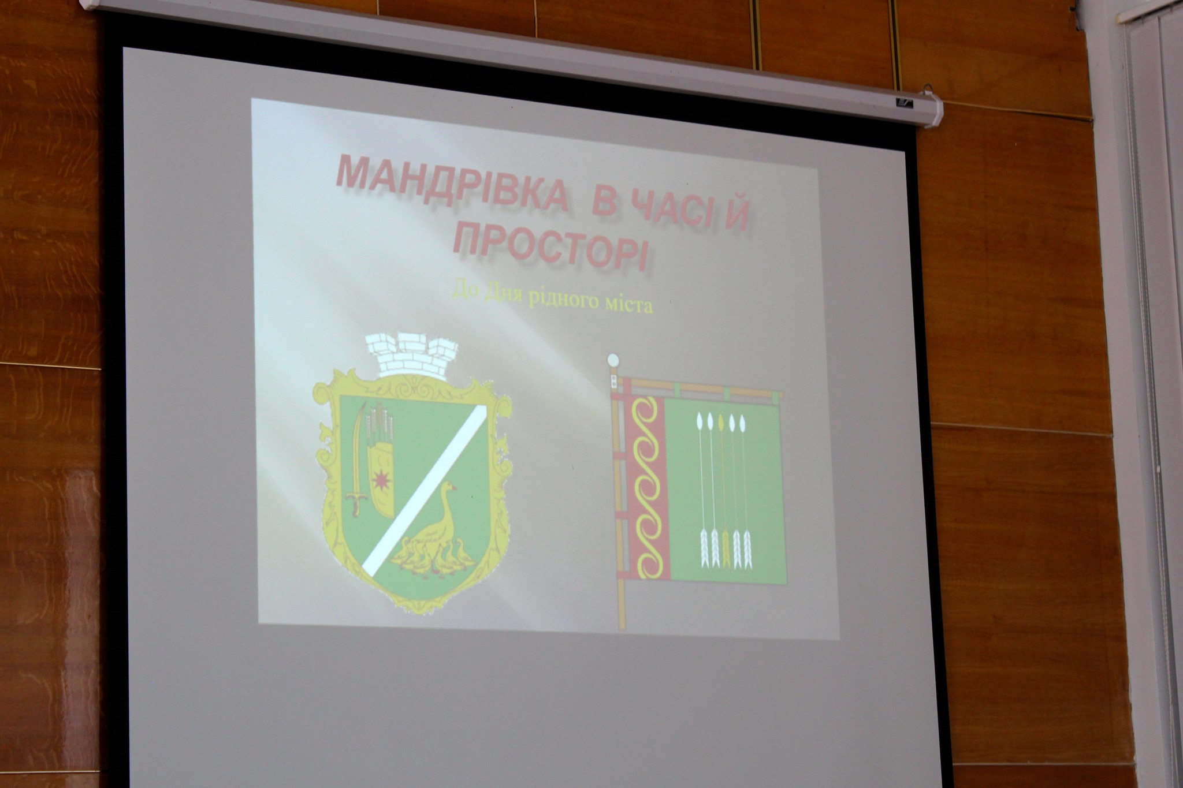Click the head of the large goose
pyautogui.click(x=448, y=488)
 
